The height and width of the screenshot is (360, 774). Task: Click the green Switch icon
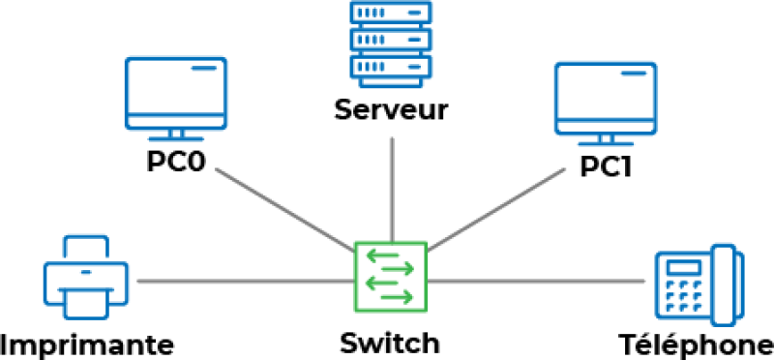[391, 277]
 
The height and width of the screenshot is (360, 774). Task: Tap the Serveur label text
[391, 109]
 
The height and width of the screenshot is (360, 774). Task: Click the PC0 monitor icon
[176, 91]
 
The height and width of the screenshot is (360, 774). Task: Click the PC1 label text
[606, 166]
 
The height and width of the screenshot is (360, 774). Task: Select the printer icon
[85, 278]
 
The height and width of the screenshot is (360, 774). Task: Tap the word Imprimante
[88, 344]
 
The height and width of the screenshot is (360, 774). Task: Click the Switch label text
[390, 343]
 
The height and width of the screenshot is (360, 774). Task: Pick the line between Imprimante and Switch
[242, 282]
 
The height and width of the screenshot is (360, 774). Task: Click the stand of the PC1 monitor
[606, 135]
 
